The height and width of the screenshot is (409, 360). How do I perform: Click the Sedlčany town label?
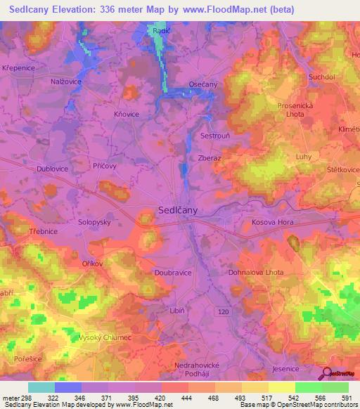pyautogui.click(x=176, y=210)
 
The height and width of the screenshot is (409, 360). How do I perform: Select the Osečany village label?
pyautogui.click(x=203, y=84)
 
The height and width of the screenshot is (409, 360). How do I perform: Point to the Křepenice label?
pyautogui.click(x=18, y=68)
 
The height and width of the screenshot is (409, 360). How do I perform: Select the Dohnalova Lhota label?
pyautogui.click(x=256, y=272)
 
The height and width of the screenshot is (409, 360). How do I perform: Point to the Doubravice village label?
pyautogui.click(x=173, y=272)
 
